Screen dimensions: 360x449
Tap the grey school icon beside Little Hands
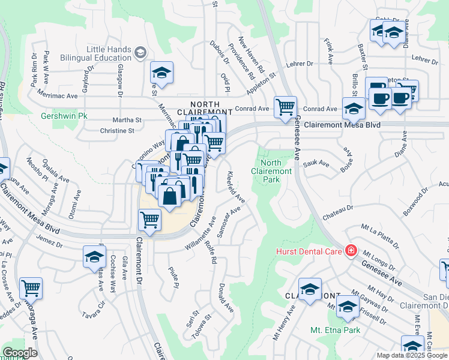(x=140, y=53)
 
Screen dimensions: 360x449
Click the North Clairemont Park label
(x=277, y=171)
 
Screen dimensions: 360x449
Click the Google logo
(x=20, y=353)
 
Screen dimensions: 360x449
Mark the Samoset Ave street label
(x=229, y=222)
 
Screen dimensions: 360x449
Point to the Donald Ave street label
(x=226, y=298)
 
